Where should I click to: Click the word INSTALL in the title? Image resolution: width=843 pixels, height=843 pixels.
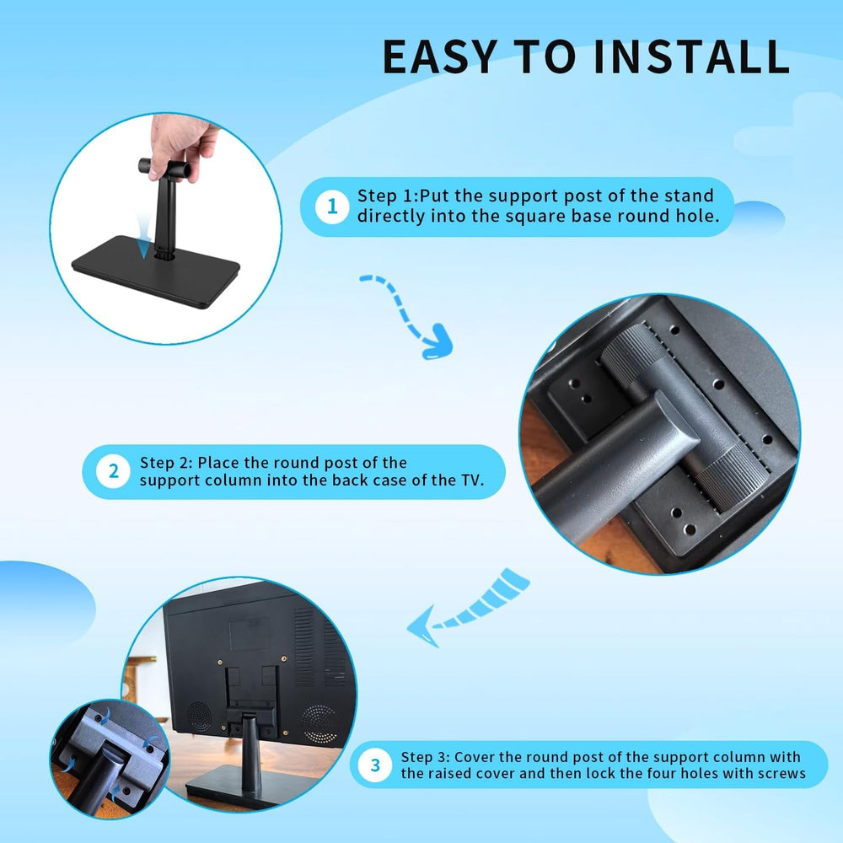(x=690, y=56)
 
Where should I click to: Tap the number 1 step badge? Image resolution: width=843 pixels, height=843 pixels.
(x=332, y=207)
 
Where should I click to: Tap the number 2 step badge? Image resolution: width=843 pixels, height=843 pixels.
(x=114, y=471)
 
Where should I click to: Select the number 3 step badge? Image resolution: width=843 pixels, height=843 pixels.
(x=375, y=765)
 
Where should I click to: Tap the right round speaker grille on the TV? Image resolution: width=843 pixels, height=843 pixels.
(x=319, y=722)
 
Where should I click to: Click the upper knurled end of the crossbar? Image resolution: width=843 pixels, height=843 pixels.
(x=625, y=354)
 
